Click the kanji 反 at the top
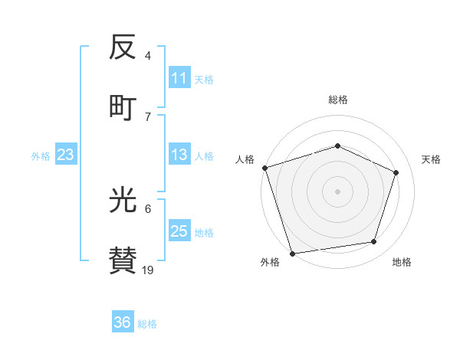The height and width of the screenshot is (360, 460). tap(123, 48)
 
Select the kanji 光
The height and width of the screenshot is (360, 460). tap(123, 201)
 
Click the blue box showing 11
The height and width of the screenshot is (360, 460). tap(179, 78)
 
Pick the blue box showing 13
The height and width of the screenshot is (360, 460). tap(179, 155)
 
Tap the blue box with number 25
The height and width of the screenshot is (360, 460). tap(179, 231)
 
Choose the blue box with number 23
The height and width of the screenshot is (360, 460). tap(65, 155)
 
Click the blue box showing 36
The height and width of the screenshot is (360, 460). tap(122, 322)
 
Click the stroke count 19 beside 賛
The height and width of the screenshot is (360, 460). tap(147, 270)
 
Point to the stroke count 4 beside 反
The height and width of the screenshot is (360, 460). tap(148, 55)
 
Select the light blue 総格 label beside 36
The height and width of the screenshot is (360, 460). tap(147, 324)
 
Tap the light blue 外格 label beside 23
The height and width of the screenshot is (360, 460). tap(41, 156)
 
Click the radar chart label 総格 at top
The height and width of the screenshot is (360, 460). tap(337, 100)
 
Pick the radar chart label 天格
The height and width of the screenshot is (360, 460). tap(431, 159)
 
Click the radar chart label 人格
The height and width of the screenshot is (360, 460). tap(245, 159)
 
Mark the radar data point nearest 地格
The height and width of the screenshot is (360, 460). tap(374, 242)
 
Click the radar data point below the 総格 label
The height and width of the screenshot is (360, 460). tap(337, 146)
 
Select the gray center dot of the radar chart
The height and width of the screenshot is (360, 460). tap(337, 191)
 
